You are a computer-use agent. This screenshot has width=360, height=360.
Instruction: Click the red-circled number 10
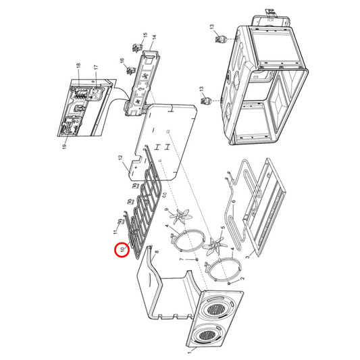tap(122, 249)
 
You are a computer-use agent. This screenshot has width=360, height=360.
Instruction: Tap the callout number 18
tap(79, 66)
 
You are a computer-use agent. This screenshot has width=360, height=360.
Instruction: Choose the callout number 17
tap(96, 68)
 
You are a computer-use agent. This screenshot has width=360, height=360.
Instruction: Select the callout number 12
tap(120, 159)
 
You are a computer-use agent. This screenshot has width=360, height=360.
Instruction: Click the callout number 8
tap(156, 252)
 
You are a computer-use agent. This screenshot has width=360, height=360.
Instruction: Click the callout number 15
tap(145, 34)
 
